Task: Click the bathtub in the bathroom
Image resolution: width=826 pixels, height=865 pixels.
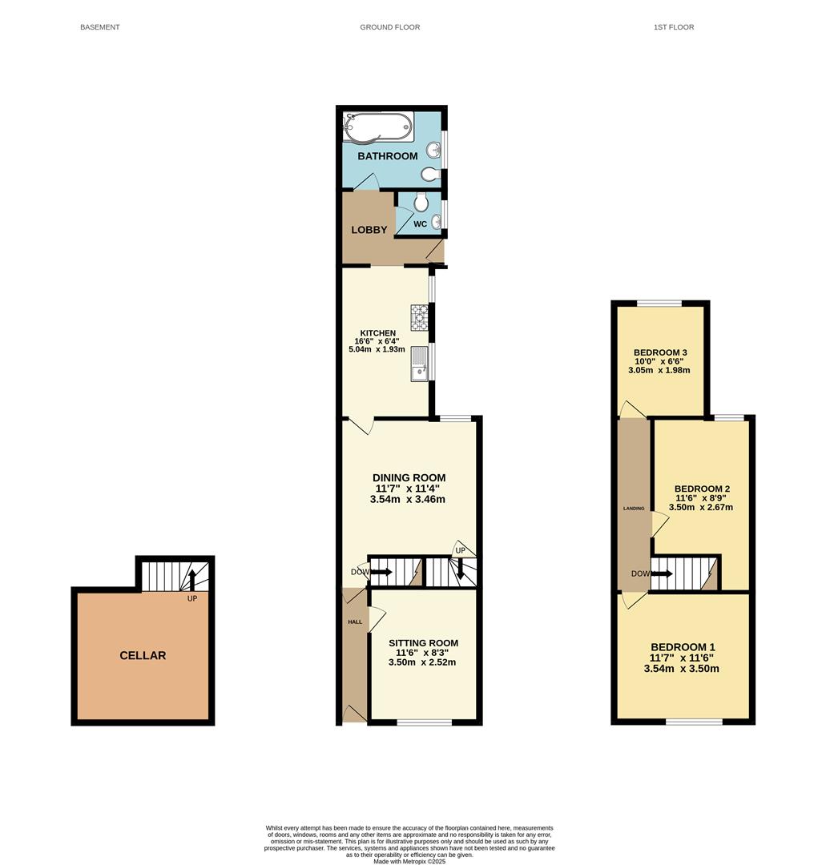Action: pyautogui.click(x=377, y=127)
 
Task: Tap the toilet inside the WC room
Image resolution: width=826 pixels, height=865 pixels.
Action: pyautogui.click(x=421, y=202)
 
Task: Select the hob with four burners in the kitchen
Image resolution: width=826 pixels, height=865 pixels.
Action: pyautogui.click(x=419, y=318)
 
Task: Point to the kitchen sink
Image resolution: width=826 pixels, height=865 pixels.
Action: pyautogui.click(x=419, y=364)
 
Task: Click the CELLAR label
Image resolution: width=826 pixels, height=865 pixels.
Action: pyautogui.click(x=143, y=655)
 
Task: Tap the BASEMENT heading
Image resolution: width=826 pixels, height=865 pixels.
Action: pyautogui.click(x=100, y=27)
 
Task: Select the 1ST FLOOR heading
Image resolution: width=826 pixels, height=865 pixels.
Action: pyautogui.click(x=674, y=27)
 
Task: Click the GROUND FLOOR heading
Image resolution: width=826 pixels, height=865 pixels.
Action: pyautogui.click(x=390, y=27)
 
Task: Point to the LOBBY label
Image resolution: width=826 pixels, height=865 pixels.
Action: pyautogui.click(x=369, y=230)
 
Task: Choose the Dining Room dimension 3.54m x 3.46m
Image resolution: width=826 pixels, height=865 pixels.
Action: pyautogui.click(x=408, y=499)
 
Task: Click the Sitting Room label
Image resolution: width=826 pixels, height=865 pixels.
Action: pyautogui.click(x=423, y=642)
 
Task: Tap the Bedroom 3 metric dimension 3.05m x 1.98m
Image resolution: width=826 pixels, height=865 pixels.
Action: pyautogui.click(x=659, y=370)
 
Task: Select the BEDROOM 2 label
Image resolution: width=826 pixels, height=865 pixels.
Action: pyautogui.click(x=702, y=489)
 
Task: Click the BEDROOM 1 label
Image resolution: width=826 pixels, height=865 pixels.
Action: pyautogui.click(x=683, y=647)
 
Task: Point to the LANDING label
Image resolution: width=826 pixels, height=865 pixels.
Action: pyautogui.click(x=634, y=508)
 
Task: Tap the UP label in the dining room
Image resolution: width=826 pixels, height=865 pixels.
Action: pyautogui.click(x=460, y=550)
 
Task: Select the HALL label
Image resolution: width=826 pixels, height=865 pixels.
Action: pyautogui.click(x=355, y=622)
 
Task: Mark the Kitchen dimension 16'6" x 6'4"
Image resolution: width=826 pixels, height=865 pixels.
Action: pyautogui.click(x=377, y=341)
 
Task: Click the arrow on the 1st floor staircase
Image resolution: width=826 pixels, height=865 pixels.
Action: pyautogui.click(x=662, y=573)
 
